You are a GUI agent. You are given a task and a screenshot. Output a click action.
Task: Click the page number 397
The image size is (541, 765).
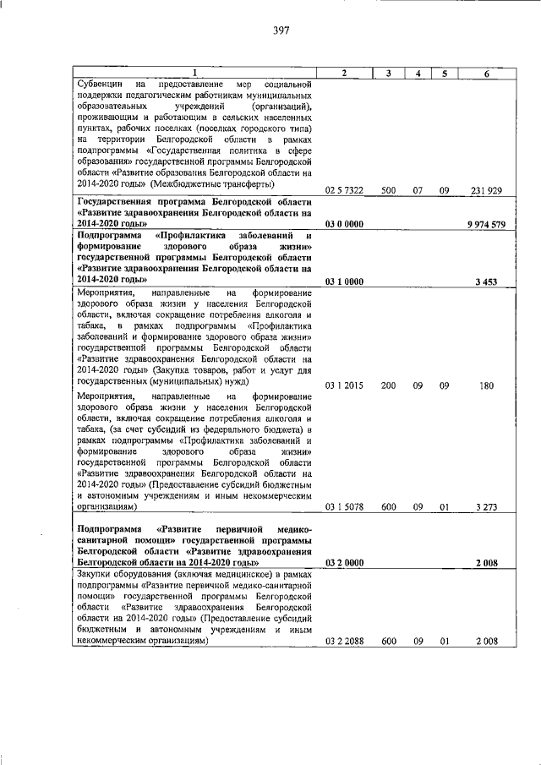pyautogui.click(x=281, y=30)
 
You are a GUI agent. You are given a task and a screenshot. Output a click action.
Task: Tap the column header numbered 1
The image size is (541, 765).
pyautogui.click(x=194, y=74)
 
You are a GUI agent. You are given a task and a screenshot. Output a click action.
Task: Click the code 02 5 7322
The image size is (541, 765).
pyautogui.click(x=344, y=191)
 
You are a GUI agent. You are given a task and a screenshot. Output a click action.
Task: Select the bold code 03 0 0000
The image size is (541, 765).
pyautogui.click(x=344, y=224)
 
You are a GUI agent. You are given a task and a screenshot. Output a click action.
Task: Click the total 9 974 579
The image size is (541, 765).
pyautogui.click(x=485, y=224)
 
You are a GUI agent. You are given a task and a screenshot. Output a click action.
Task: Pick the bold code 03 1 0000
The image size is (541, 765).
pyautogui.click(x=344, y=279)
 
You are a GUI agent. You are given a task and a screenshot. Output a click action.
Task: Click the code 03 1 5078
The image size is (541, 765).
pyautogui.click(x=344, y=507)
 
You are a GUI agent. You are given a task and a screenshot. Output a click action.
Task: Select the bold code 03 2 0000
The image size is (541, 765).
pyautogui.click(x=344, y=562)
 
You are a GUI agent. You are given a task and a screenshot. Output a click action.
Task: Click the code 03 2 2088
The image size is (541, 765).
pyautogui.click(x=344, y=641)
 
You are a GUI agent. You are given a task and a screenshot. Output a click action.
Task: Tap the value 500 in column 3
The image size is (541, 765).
pyautogui.click(x=388, y=191)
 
